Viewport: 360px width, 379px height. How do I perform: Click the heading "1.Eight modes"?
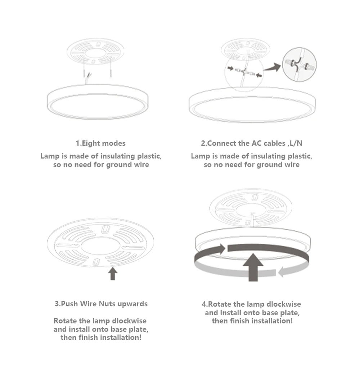[100, 143]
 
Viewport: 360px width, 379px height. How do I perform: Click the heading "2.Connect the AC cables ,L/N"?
[252, 143]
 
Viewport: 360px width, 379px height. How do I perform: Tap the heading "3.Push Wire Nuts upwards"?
[101, 303]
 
